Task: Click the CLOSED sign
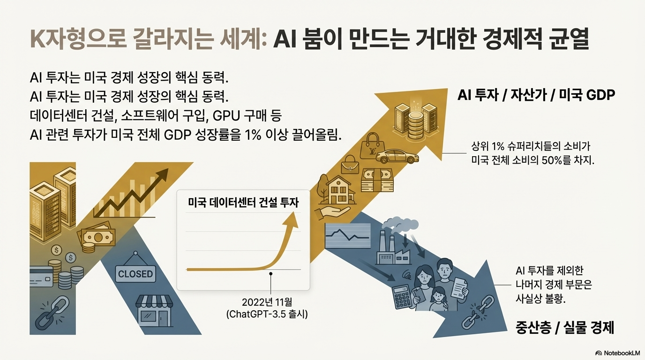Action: coord(135,274)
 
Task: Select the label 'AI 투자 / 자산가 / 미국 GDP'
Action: coord(536,95)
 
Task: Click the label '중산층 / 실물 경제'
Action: coord(564,327)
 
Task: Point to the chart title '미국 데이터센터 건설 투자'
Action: coord(243,202)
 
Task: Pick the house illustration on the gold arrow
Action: coord(340,190)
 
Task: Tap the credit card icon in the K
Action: coord(42,278)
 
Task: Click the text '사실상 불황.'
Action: coord(540,299)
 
